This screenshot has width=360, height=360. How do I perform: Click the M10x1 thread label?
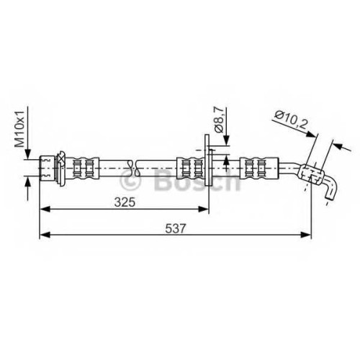[20, 129]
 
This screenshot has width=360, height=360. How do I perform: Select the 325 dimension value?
[125, 202]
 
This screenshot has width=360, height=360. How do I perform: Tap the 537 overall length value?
[176, 228]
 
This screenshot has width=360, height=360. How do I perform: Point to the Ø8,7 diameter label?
[219, 120]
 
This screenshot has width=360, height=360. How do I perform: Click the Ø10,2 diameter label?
[291, 120]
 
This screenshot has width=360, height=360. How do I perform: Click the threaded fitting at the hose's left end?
[47, 168]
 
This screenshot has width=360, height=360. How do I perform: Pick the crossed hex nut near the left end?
[60, 168]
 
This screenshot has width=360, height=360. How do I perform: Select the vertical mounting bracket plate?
[207, 160]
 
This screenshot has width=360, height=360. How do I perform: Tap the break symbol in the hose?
[133, 168]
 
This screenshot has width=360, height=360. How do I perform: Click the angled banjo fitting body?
[311, 174]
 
